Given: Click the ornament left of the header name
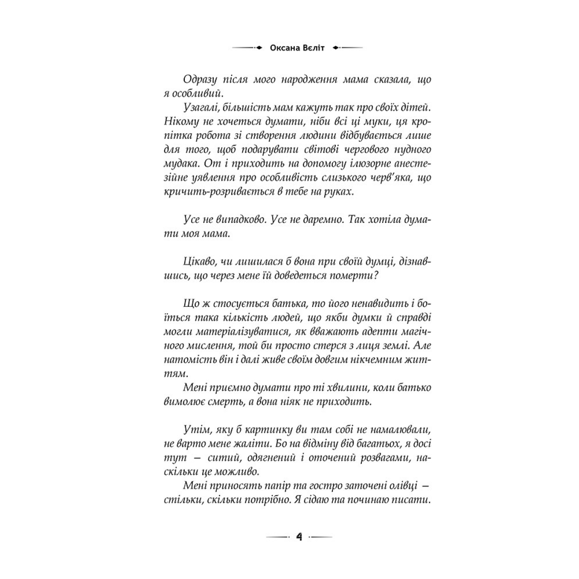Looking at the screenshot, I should [x=247, y=48].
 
